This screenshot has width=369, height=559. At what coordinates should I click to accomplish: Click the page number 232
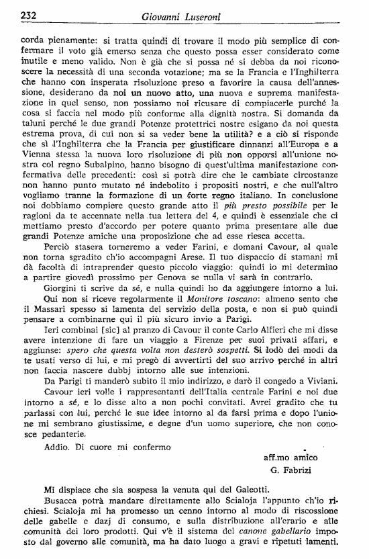(x=29, y=15)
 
